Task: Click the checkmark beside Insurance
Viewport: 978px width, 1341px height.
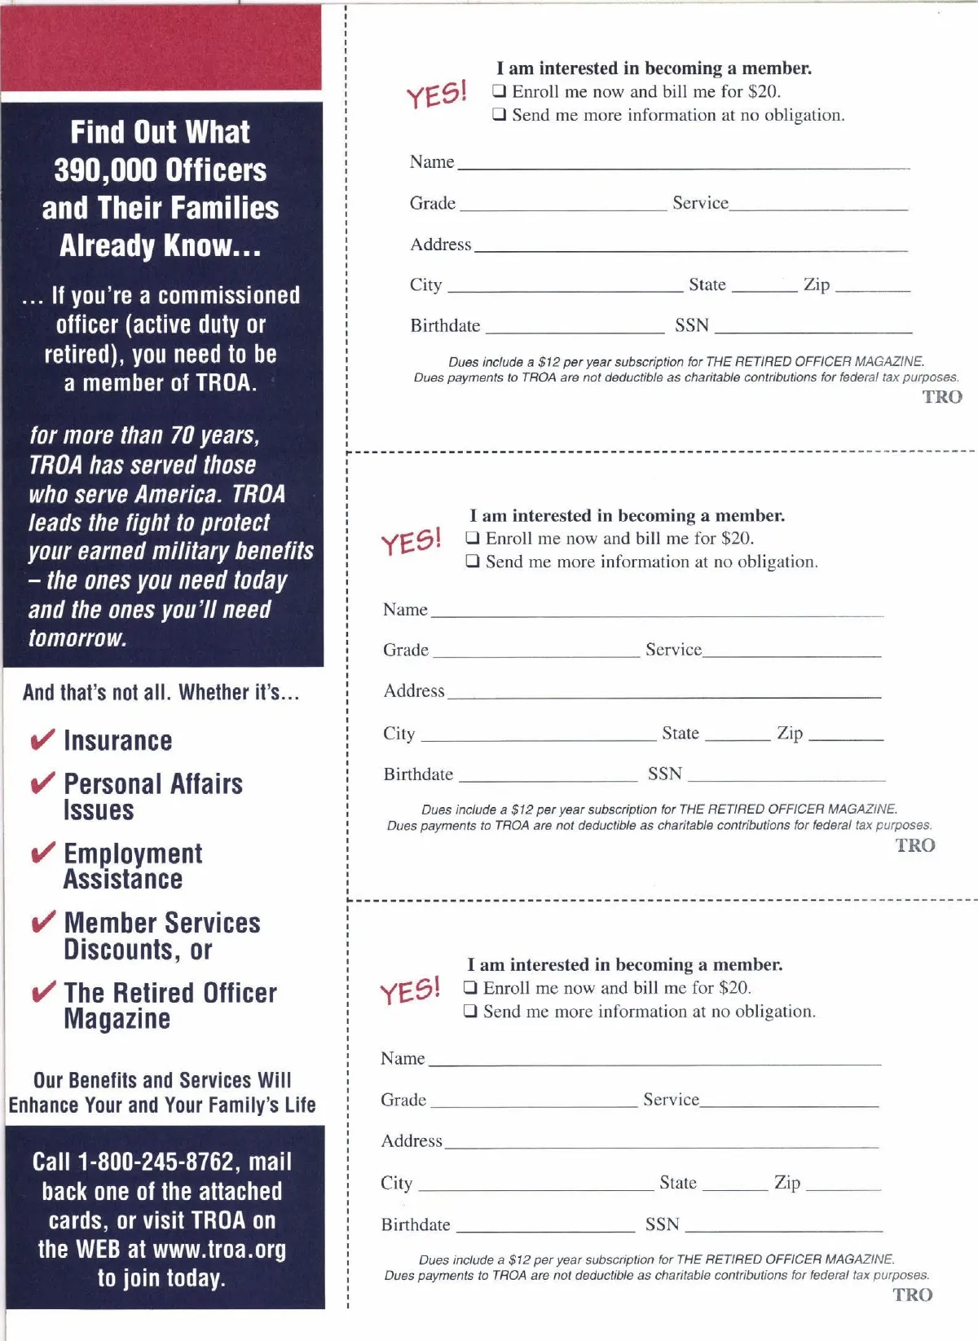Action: [x=42, y=739]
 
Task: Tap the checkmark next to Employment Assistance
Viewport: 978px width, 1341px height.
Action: [x=42, y=853]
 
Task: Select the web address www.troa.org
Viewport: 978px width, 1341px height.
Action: [x=219, y=1249]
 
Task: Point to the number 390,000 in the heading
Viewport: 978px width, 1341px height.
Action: [x=104, y=170]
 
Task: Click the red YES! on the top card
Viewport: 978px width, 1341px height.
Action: [x=437, y=94]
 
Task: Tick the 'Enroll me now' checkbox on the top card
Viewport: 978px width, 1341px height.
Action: [x=500, y=91]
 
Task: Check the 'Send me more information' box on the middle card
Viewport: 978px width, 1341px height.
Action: [x=473, y=562]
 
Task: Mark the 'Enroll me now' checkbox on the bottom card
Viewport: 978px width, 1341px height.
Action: [x=470, y=988]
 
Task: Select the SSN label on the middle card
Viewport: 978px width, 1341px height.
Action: [x=665, y=774]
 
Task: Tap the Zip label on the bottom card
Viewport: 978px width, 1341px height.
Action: [x=787, y=1182]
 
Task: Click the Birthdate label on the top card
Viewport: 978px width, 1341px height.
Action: [x=445, y=326]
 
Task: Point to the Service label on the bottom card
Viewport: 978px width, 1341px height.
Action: [x=671, y=1100]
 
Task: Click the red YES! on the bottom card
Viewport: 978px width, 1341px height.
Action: [x=410, y=991]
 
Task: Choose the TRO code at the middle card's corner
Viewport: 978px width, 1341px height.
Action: [x=915, y=845]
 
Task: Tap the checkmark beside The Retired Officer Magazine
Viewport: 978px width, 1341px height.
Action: [x=42, y=992]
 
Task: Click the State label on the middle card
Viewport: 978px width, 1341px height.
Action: [x=681, y=733]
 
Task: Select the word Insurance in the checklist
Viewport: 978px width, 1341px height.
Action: [x=118, y=740]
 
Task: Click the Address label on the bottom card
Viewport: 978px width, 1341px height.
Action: [x=412, y=1140]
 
